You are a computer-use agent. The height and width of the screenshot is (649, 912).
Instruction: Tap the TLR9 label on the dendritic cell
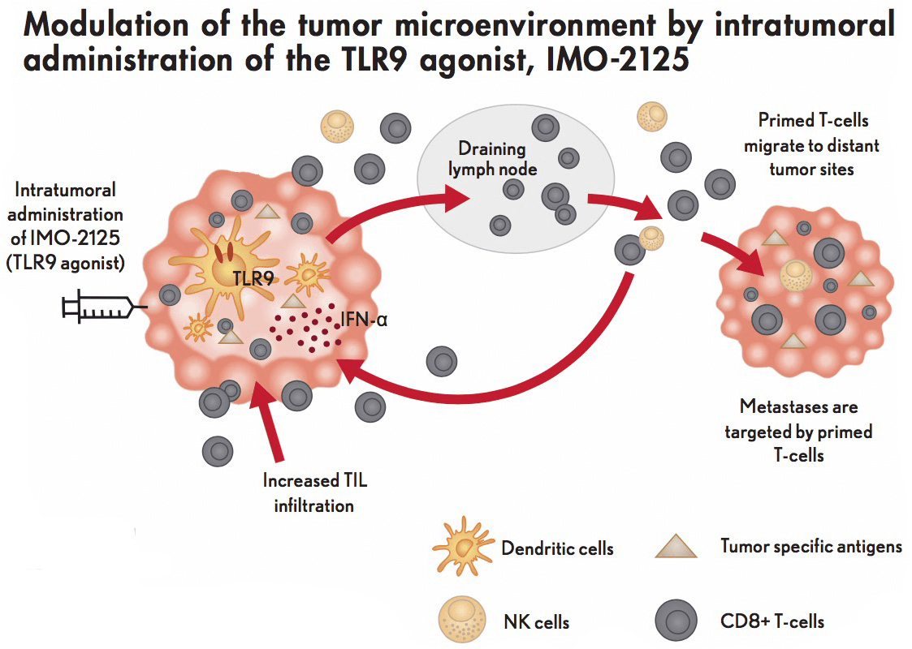click(253, 279)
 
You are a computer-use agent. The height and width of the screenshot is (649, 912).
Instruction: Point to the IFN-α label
click(364, 319)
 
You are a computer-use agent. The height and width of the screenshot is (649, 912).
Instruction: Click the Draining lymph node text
click(492, 159)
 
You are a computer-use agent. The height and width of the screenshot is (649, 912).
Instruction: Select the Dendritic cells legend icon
click(464, 546)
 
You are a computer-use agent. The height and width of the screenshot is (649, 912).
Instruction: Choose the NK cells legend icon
click(462, 619)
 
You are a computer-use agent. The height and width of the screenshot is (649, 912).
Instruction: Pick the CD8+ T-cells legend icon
click(676, 620)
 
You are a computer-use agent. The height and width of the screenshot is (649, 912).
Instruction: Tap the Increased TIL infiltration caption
click(314, 492)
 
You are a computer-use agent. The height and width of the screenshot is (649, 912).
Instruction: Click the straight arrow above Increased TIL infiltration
click(269, 421)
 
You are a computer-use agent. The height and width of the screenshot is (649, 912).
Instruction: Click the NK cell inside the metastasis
click(796, 275)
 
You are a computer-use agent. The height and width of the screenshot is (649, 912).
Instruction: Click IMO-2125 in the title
click(618, 59)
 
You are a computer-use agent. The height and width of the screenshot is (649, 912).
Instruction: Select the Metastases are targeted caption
click(798, 431)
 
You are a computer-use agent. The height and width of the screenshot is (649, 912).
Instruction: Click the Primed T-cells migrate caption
click(812, 144)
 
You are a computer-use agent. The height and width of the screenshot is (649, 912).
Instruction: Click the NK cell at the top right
click(652, 117)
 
